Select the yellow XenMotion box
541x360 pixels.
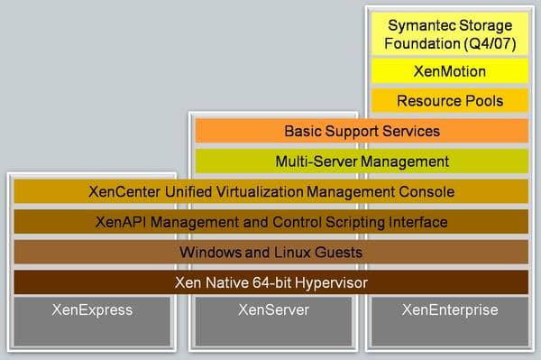(x=448, y=69)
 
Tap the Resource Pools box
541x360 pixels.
(x=448, y=99)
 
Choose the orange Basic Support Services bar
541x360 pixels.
(x=361, y=131)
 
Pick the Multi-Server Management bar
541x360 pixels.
(x=361, y=162)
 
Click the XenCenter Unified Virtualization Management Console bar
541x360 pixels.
(x=271, y=191)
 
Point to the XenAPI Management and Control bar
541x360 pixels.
(x=271, y=222)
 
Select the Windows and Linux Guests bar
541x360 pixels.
(x=271, y=252)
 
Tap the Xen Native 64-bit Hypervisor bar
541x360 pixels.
(x=271, y=282)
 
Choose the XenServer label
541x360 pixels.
(x=272, y=310)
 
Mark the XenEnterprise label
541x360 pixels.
(x=448, y=310)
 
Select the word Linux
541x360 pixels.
(x=271, y=252)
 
